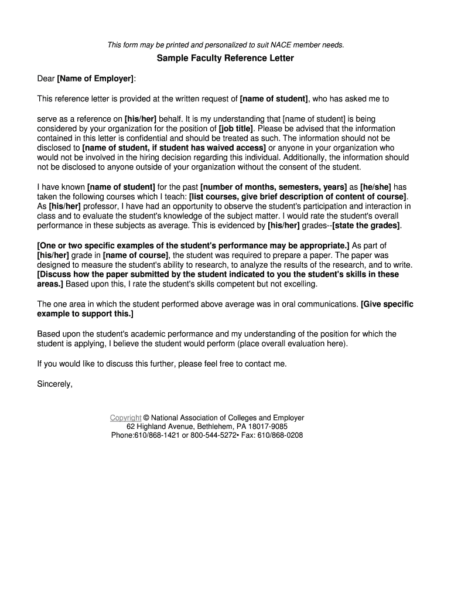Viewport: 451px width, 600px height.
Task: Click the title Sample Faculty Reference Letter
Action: pos(225,59)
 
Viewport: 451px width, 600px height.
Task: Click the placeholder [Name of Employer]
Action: pos(96,79)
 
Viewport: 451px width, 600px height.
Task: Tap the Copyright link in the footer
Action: pos(125,418)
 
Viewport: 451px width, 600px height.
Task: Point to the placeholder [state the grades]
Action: pos(367,226)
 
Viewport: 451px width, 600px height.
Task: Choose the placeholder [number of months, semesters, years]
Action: pos(274,187)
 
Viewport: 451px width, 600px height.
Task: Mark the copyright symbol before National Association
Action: pos(146,418)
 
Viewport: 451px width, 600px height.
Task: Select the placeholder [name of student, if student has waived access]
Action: pos(174,148)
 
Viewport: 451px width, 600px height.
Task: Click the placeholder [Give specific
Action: pos(387,305)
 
